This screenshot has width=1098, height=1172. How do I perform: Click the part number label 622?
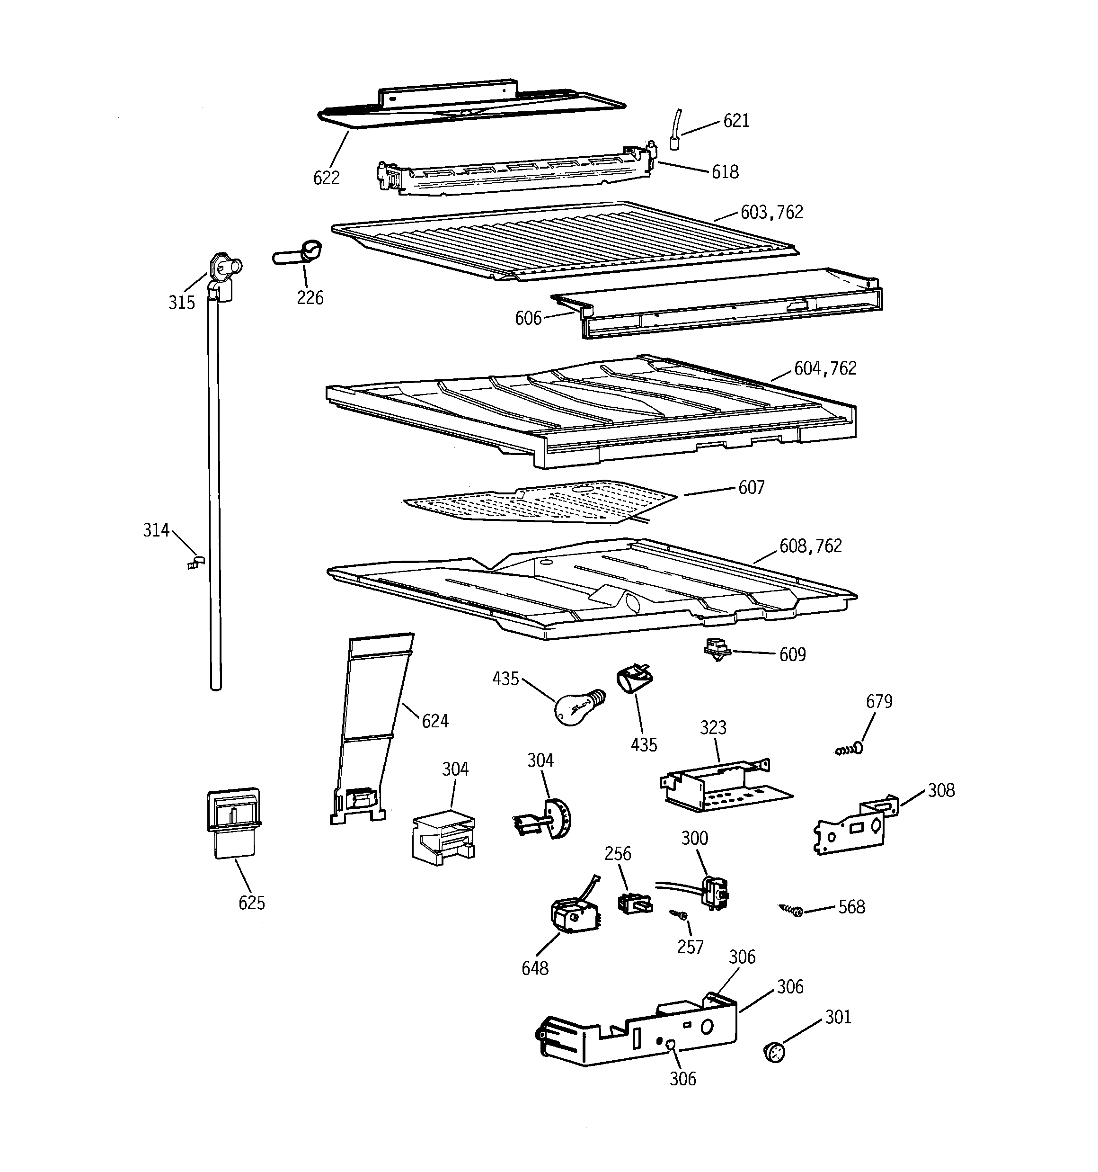pos(326,178)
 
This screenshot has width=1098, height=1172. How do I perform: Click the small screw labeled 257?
pos(678,914)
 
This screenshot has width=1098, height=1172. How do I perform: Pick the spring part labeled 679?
pos(849,749)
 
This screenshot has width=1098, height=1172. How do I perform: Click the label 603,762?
pos(771,212)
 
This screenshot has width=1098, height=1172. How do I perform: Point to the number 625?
pos(252,903)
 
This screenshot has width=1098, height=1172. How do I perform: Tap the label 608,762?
pos(810,546)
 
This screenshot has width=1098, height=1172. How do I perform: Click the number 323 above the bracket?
pos(713,727)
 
